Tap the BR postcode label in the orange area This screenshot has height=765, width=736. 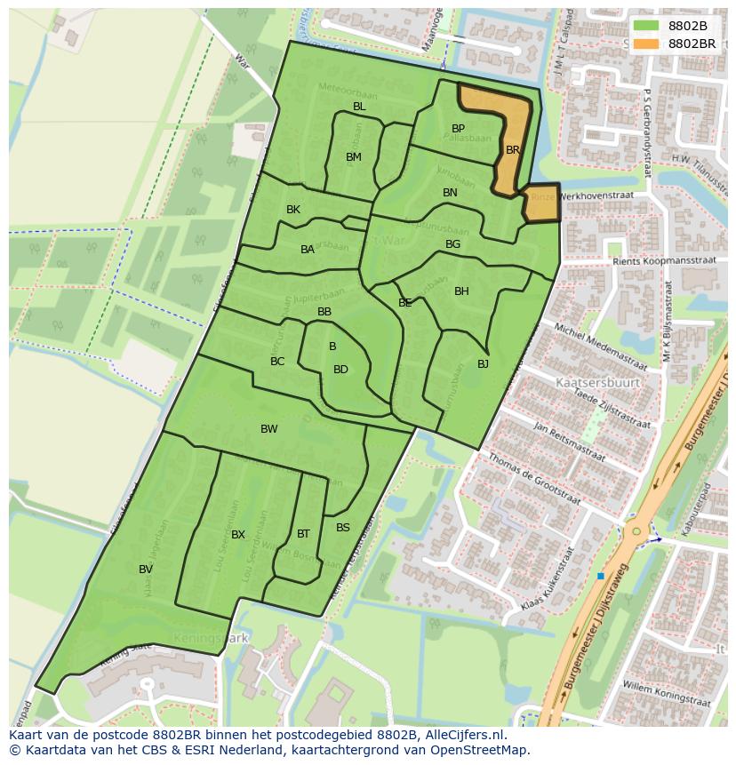point(513,150)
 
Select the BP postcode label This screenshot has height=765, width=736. point(458,129)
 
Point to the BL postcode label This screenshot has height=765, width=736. point(359,107)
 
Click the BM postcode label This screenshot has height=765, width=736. point(354,157)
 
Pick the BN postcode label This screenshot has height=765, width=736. point(450,193)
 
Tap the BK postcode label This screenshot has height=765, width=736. point(293,210)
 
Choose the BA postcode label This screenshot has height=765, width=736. point(308,250)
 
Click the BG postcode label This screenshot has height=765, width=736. point(452,244)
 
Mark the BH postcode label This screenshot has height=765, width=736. point(461,291)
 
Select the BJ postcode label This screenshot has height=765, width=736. point(483,363)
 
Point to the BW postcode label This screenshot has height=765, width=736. point(268,429)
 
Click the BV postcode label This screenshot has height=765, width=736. point(146,570)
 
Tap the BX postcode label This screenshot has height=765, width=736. point(238,535)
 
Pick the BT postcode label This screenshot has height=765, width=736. point(303,534)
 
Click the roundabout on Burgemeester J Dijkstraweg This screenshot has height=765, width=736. point(636,531)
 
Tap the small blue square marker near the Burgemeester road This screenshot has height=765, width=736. point(601,577)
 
